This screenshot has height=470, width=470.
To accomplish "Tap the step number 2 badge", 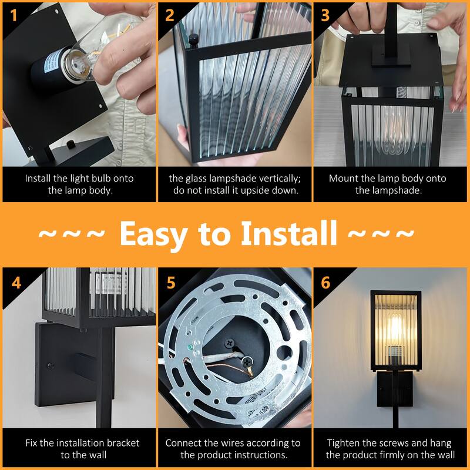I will [x=170, y=14].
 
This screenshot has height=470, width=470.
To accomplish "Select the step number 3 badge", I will [x=325, y=14].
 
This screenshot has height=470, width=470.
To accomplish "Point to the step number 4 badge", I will [x=15, y=281].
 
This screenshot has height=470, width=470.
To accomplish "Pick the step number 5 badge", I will [x=170, y=281].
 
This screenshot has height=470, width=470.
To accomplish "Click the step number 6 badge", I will [x=325, y=281].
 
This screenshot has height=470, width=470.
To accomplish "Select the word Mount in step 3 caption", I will [x=344, y=179].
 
